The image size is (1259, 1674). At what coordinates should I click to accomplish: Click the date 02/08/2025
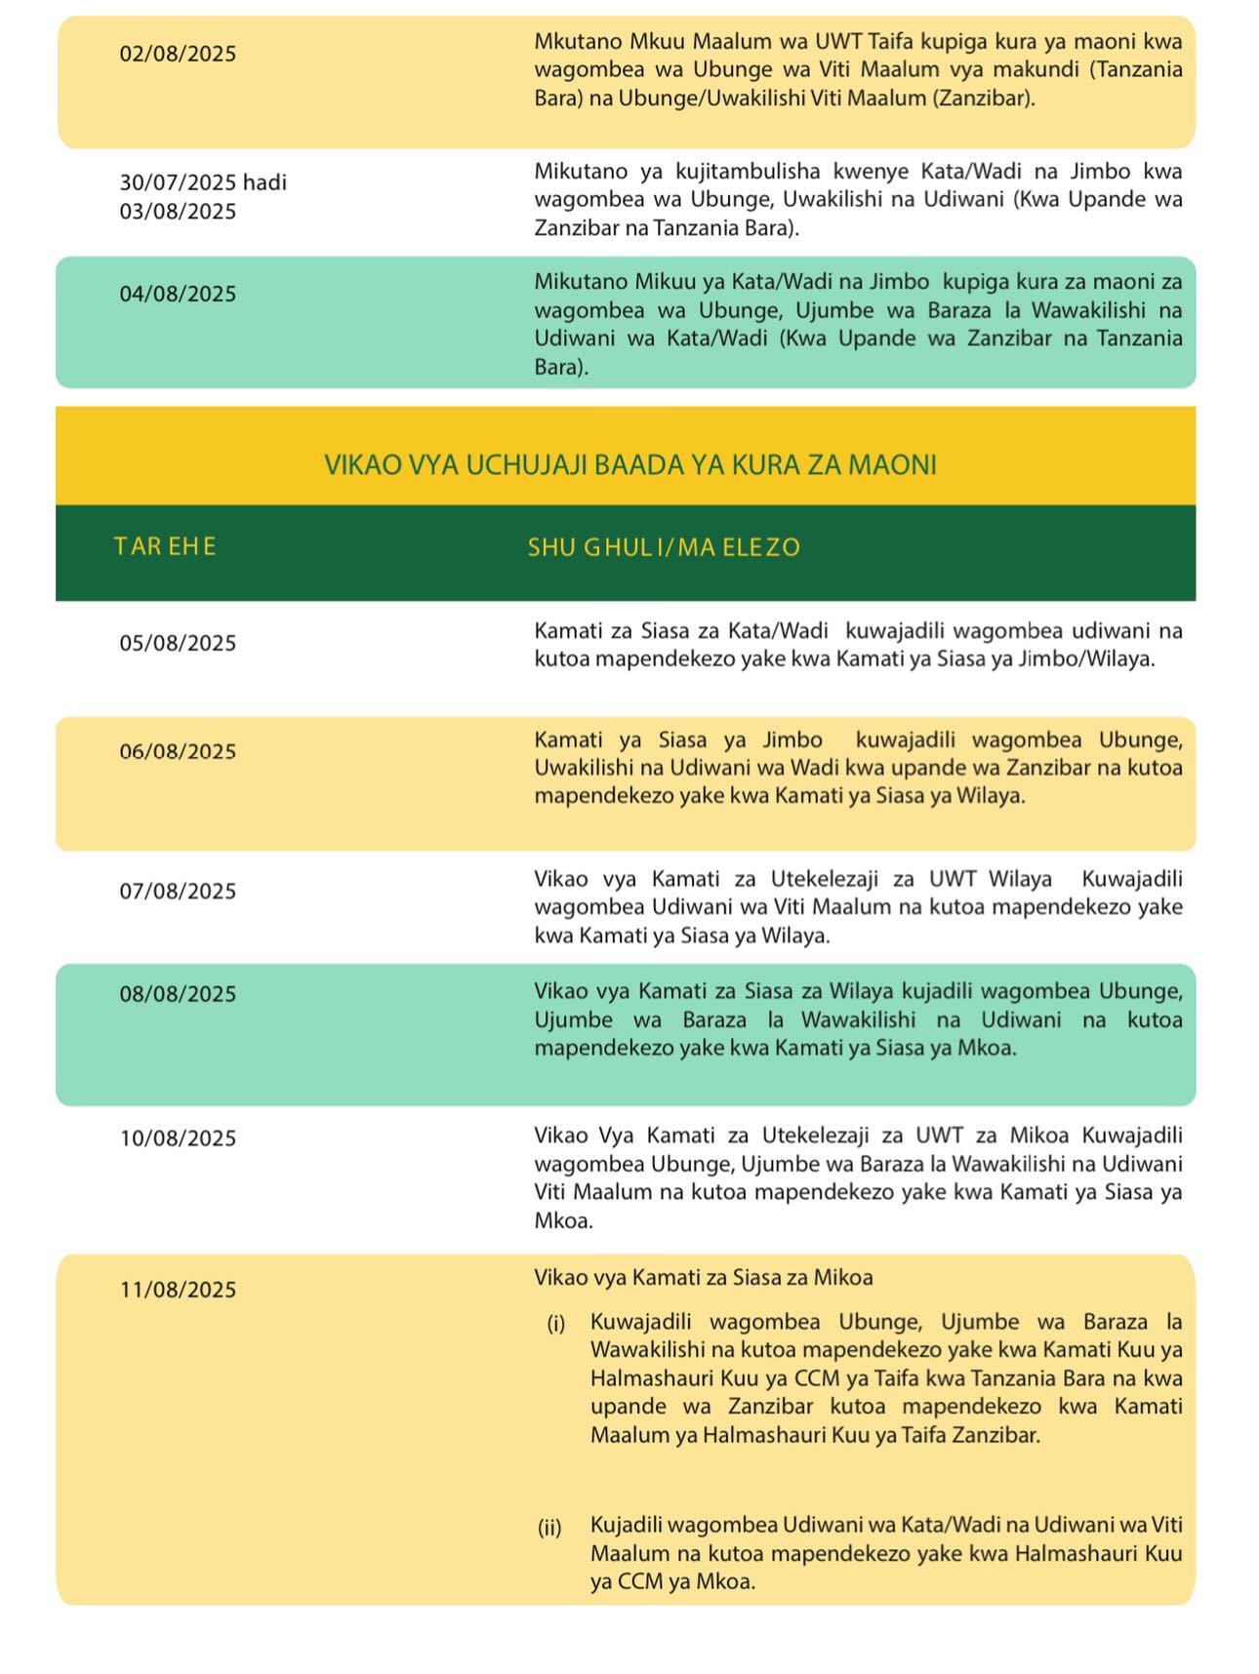[178, 54]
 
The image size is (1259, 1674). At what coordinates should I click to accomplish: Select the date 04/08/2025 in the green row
[178, 295]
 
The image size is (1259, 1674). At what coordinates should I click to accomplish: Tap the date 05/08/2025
[178, 643]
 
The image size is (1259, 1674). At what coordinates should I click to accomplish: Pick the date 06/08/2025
[178, 751]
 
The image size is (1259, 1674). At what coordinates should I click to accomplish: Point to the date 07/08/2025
[178, 891]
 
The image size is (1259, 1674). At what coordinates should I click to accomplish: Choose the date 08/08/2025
[178, 994]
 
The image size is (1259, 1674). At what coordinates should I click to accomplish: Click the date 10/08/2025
[178, 1138]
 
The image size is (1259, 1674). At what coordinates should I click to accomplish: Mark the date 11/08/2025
[178, 1290]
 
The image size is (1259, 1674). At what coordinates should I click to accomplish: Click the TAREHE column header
[165, 546]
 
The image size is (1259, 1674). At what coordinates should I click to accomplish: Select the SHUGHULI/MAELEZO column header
[664, 547]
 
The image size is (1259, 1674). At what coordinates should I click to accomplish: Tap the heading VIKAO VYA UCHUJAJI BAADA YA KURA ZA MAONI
[630, 464]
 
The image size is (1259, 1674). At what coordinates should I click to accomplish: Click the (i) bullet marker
[555, 1324]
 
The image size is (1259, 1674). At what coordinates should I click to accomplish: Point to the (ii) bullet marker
[549, 1527]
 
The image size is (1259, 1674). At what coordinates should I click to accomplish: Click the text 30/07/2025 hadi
[203, 182]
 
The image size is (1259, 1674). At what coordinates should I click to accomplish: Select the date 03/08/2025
[178, 212]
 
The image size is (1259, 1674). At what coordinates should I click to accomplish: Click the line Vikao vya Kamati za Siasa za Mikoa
[703, 1277]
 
